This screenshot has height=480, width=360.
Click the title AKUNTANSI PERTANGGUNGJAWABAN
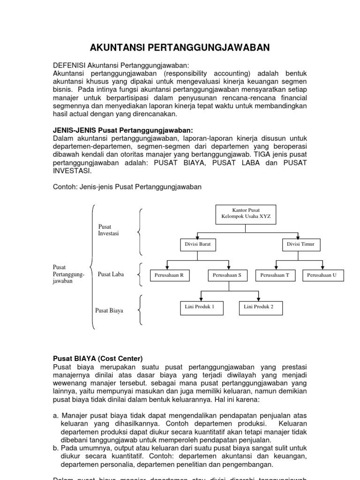point(180,47)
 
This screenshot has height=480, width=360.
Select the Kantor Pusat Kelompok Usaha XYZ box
point(246,214)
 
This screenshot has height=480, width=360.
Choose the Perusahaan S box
point(227,276)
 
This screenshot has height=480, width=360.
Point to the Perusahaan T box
point(275,276)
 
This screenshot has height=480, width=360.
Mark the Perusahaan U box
point(322,276)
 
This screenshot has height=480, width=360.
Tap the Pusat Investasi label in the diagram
point(108,230)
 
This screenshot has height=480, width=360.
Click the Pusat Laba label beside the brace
point(111,274)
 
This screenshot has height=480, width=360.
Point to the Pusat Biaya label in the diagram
point(109,310)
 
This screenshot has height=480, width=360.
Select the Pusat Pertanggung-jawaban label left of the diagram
point(68,274)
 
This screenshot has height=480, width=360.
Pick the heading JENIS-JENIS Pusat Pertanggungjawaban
point(123,130)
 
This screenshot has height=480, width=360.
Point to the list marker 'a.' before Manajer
point(56,415)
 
